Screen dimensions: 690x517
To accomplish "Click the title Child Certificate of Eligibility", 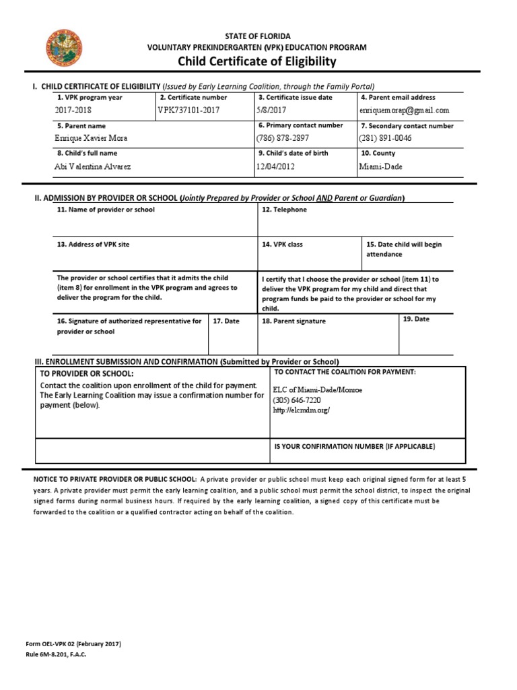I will coord(256,62).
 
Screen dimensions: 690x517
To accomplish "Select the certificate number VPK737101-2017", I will coord(188,110).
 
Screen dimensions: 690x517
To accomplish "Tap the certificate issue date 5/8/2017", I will coord(271,110).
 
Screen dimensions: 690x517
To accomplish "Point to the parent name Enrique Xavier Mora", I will coord(90,138).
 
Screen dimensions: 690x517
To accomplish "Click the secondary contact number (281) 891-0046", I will coord(386,138).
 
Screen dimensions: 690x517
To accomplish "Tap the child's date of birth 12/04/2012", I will coord(275,166).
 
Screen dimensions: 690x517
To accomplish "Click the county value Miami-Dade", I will coord(380,166).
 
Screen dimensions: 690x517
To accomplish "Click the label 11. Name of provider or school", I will coord(106,210).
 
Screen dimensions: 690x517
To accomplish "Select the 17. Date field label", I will coord(226,321).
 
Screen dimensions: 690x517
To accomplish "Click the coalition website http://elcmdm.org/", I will coord(301,410).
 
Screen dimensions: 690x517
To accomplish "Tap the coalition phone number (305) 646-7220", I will coord(296,400).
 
